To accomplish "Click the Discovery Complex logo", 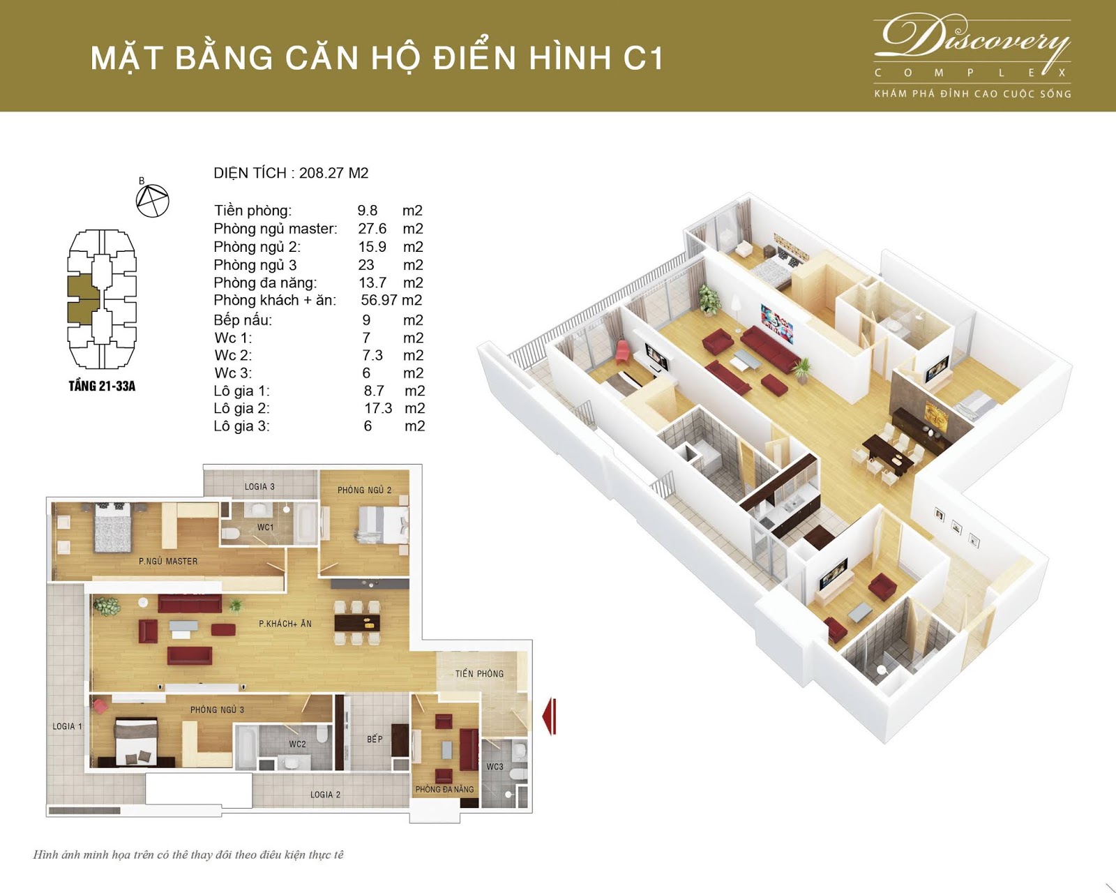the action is (x=972, y=56).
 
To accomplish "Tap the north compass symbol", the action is (x=153, y=200).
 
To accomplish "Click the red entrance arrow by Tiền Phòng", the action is (x=549, y=716).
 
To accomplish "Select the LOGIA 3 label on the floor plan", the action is (x=259, y=486).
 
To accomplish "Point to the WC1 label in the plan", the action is (x=265, y=527).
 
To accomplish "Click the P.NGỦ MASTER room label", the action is (x=168, y=561).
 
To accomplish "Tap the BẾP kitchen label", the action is (x=375, y=738).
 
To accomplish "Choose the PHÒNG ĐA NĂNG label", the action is (x=444, y=789).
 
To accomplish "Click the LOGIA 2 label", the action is (x=325, y=795).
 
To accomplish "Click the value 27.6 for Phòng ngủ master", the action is (x=372, y=228).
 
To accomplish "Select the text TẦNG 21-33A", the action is (x=102, y=386).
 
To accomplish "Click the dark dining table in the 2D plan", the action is (x=357, y=623).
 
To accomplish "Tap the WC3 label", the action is (x=495, y=767).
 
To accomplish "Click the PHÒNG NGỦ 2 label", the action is (x=364, y=490).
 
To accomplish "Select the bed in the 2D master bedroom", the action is (x=113, y=527).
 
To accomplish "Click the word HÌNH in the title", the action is (x=570, y=58).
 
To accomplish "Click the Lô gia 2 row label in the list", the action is (x=241, y=408).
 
